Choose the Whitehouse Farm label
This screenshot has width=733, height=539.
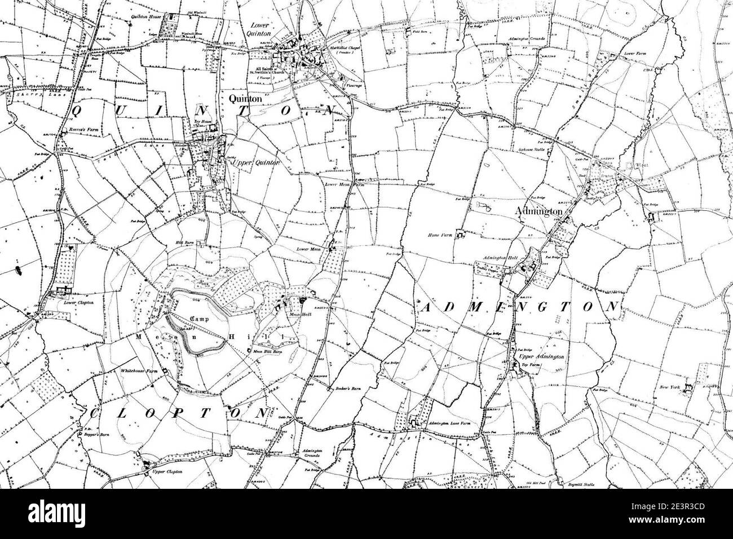138,372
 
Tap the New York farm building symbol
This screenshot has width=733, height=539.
687,388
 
